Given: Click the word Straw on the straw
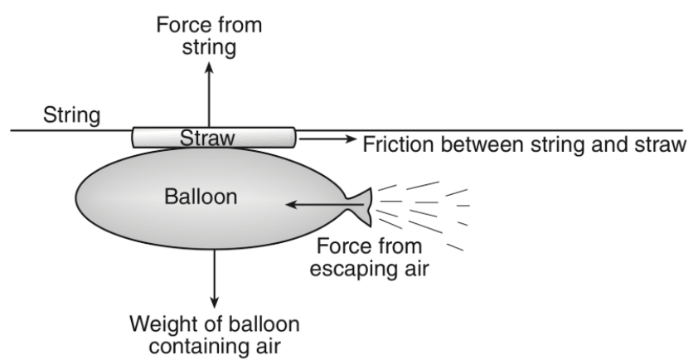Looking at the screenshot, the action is [207, 138].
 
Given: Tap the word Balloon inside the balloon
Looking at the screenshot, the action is [201, 197].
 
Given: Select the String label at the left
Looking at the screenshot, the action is [71, 116].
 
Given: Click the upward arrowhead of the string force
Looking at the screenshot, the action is [209, 67].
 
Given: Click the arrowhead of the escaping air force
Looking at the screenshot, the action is [290, 205].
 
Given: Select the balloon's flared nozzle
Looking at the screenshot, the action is [360, 207].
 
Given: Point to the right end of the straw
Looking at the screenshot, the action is [295, 138].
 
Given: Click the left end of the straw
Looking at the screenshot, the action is [133, 138].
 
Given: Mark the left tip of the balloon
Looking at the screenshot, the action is [75, 197].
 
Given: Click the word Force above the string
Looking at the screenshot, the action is [182, 25].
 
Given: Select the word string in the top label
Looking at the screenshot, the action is [209, 47].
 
